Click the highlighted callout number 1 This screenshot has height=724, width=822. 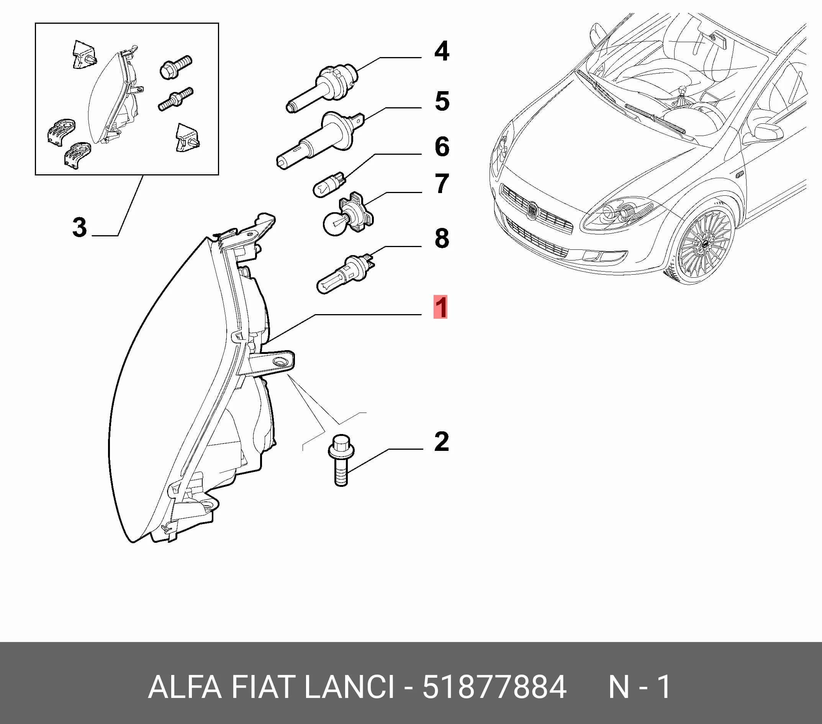click(440, 307)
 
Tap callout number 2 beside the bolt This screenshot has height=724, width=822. click(441, 442)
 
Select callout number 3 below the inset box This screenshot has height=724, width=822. click(79, 227)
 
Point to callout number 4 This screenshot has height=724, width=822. click(442, 51)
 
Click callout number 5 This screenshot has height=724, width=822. click(442, 101)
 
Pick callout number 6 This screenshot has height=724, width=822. click(442, 146)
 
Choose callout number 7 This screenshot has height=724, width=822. click(442, 184)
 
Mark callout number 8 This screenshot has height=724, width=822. click(442, 238)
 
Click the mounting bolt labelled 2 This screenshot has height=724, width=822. click(341, 460)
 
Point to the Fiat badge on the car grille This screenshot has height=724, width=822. click(533, 210)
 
